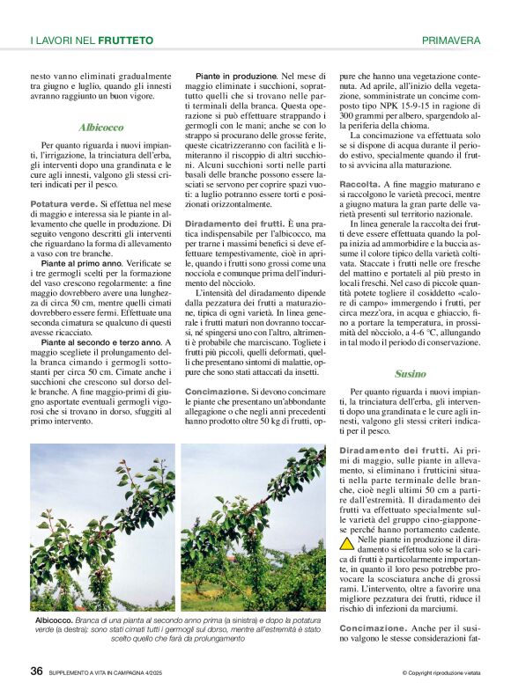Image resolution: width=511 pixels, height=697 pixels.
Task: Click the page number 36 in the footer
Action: (36, 671)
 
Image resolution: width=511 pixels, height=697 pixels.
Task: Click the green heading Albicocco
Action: (100, 128)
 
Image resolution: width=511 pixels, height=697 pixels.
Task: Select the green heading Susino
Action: (410, 373)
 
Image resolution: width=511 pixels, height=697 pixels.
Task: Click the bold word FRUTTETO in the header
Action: (125, 40)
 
